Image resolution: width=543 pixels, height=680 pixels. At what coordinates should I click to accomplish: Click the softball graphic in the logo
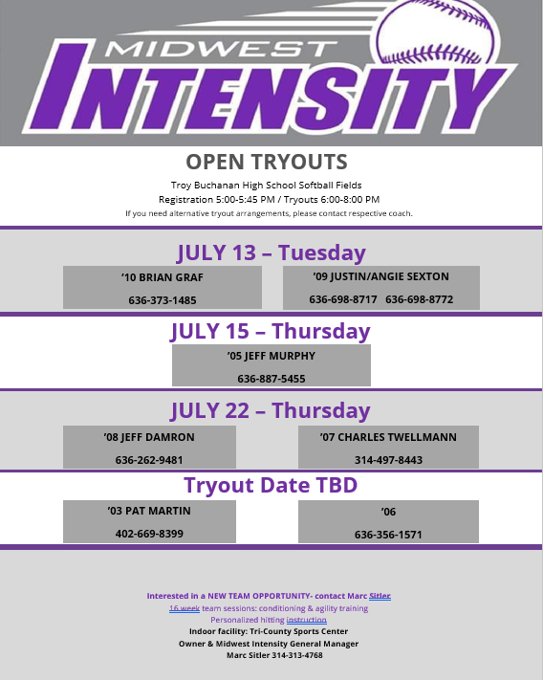click(x=438, y=32)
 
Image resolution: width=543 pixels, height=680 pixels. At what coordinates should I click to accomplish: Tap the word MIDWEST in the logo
click(x=221, y=49)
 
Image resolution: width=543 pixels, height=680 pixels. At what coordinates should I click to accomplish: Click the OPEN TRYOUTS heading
click(x=267, y=162)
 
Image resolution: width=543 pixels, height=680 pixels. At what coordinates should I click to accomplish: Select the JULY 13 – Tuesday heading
click(x=271, y=252)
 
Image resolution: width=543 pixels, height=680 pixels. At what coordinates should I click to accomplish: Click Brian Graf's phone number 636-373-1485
click(x=163, y=300)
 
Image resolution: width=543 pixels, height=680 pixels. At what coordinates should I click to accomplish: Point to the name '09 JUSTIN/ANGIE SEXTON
click(x=380, y=276)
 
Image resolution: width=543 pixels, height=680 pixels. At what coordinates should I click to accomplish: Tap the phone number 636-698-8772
click(x=419, y=299)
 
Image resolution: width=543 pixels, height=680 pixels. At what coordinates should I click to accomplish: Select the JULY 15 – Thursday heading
click(x=271, y=332)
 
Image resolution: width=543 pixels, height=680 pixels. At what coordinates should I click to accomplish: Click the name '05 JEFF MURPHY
click(x=271, y=356)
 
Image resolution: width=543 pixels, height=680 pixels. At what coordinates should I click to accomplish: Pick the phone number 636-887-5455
click(x=271, y=379)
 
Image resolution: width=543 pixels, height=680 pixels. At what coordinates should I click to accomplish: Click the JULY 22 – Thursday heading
click(x=271, y=410)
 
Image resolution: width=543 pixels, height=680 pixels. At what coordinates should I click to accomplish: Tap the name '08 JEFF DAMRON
click(x=149, y=437)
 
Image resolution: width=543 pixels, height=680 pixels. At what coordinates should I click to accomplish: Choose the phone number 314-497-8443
click(x=388, y=460)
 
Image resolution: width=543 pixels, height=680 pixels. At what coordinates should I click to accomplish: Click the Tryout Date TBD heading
click(x=271, y=485)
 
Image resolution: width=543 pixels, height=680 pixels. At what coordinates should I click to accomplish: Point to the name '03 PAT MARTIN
click(x=149, y=511)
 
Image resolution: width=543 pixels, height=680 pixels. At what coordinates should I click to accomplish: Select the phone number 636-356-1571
click(x=388, y=535)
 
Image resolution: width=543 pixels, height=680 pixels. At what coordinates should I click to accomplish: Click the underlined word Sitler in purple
click(x=380, y=596)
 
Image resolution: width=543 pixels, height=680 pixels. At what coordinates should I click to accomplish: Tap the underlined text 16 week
click(x=185, y=608)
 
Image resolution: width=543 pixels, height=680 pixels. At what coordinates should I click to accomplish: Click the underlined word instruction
click(x=306, y=620)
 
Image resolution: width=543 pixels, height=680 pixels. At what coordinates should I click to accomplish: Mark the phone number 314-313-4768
click(x=297, y=655)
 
